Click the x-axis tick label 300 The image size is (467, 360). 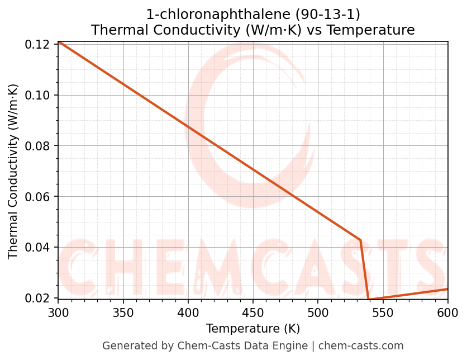pos(58,312)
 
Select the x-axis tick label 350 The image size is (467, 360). pos(123,312)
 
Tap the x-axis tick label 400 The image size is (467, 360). pos(188,312)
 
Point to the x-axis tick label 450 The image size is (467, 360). pos(252,312)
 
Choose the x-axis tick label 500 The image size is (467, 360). pos(317,312)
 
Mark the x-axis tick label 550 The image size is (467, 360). pos(383,312)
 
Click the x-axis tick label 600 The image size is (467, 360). pos(447,312)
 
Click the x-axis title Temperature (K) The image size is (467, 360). pos(252,329)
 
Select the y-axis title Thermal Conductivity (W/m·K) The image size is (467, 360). pos(13,171)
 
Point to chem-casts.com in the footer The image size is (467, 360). pos(361,346)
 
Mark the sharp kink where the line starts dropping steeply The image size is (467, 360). pos(360,240)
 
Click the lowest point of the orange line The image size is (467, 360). pos(369,300)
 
